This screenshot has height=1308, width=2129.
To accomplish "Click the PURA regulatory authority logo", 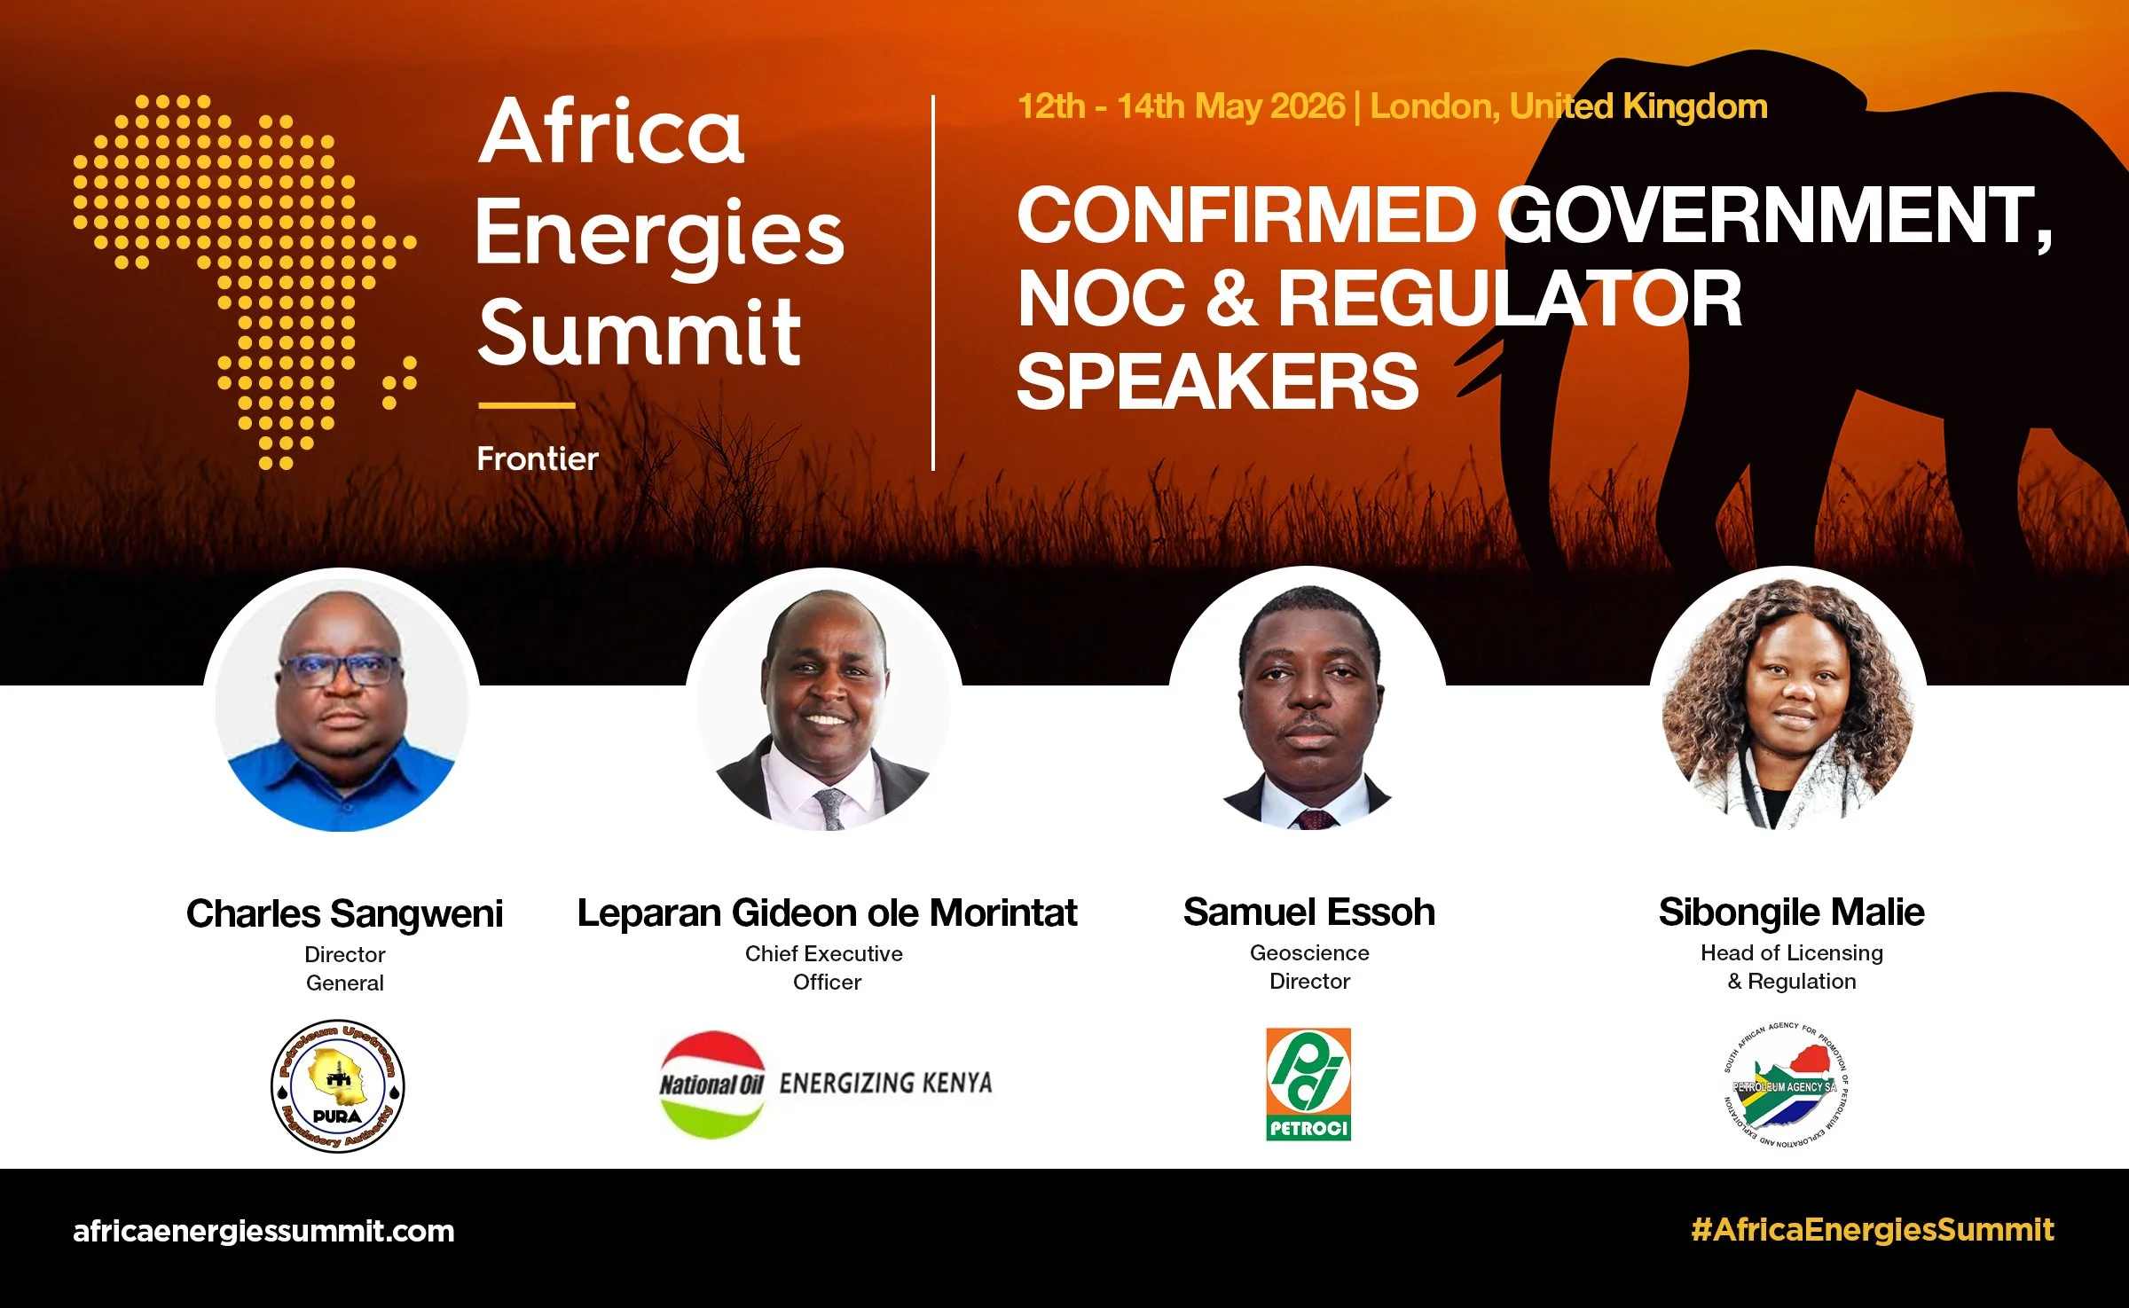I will click(337, 1085).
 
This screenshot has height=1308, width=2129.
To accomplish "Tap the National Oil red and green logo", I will click(711, 1084).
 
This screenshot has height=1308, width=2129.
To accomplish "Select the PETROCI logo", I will click(1308, 1084).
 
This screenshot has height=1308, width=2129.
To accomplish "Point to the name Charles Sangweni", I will click(344, 913).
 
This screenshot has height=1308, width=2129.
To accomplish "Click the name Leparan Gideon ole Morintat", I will click(827, 912).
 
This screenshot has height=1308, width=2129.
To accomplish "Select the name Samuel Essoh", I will click(1308, 912).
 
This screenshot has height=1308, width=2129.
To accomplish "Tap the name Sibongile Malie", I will click(1791, 912).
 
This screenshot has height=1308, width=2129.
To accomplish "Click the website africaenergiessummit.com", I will click(263, 1231).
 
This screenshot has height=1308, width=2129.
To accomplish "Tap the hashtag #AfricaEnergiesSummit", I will click(1872, 1229).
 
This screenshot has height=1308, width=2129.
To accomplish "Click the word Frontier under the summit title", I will click(538, 458).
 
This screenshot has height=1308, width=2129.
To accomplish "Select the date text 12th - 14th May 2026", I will click(1180, 106).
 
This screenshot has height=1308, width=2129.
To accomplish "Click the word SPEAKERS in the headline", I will click(1217, 381).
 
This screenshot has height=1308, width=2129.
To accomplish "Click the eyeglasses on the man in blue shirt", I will click(341, 670).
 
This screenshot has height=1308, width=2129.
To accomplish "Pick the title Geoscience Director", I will click(1309, 967).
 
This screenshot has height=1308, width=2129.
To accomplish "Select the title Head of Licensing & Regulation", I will click(1791, 967).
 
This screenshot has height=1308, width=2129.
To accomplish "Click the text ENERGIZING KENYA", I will click(885, 1083).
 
